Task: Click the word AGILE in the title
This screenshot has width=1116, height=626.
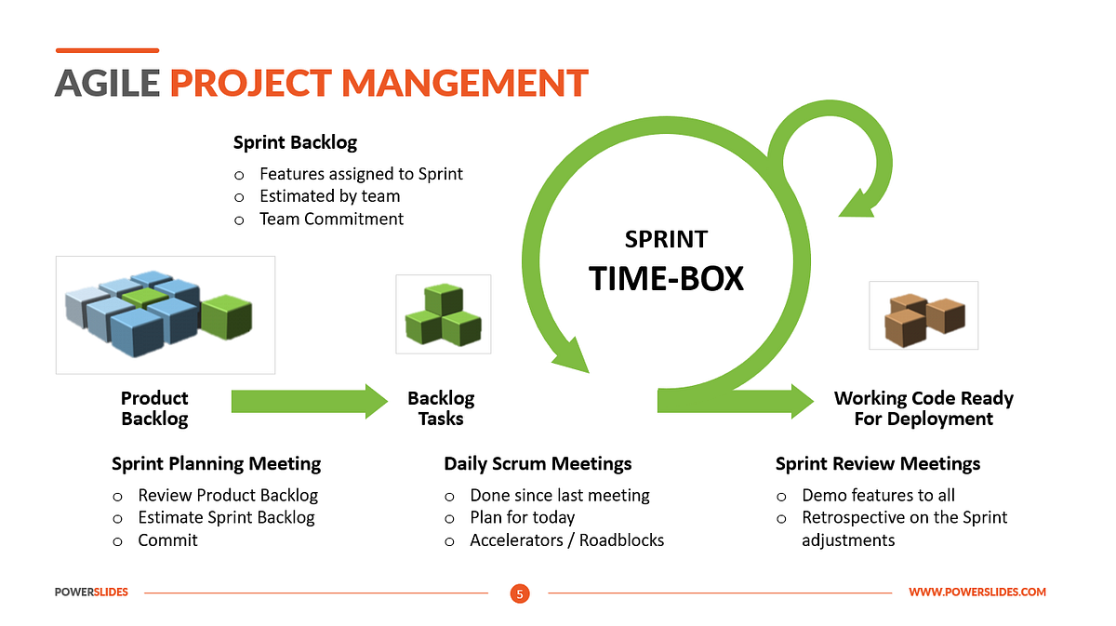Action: click(x=107, y=83)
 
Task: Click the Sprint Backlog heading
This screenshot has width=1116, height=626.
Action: click(x=295, y=142)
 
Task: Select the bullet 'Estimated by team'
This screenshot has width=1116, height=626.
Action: click(x=329, y=196)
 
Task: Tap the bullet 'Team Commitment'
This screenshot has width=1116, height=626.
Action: click(x=331, y=219)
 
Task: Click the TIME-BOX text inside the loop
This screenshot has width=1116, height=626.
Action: click(x=666, y=278)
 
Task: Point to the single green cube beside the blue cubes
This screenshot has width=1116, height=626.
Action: click(x=227, y=316)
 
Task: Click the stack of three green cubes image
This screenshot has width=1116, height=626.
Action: click(x=443, y=314)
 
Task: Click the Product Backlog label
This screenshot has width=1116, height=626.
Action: click(x=154, y=408)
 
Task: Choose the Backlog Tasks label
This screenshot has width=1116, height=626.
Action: click(x=441, y=408)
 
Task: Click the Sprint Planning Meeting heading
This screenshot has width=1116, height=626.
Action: click(x=216, y=463)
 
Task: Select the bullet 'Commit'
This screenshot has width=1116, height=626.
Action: click(x=167, y=539)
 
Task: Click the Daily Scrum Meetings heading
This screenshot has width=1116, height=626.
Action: click(x=538, y=463)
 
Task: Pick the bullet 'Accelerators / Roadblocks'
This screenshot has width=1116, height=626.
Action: click(x=566, y=539)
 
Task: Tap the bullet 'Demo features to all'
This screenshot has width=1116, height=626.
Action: click(x=878, y=495)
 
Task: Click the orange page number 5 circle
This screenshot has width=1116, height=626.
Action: click(x=520, y=593)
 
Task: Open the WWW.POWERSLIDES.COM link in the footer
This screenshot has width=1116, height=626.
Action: click(x=976, y=593)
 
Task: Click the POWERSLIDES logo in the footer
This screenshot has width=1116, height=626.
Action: click(x=91, y=593)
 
